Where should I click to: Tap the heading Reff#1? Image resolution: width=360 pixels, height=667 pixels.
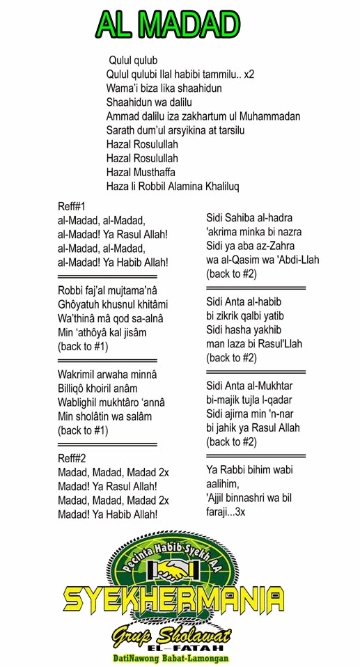pyautogui.click(x=72, y=206)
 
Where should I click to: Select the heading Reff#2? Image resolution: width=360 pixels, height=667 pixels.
pyautogui.click(x=72, y=458)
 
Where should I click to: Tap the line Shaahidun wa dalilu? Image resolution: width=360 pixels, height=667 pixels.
pyautogui.click(x=149, y=102)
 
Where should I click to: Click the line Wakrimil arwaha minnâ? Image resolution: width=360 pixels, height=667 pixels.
pyautogui.click(x=107, y=375)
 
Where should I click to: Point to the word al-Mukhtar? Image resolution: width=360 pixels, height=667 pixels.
pyautogui.click(x=269, y=386)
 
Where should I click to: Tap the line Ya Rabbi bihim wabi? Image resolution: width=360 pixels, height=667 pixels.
pyautogui.click(x=253, y=469)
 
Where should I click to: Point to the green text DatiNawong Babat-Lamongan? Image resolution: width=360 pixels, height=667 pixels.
pyautogui.click(x=171, y=657)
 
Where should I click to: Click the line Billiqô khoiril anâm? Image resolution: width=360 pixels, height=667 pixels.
pyautogui.click(x=102, y=389)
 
